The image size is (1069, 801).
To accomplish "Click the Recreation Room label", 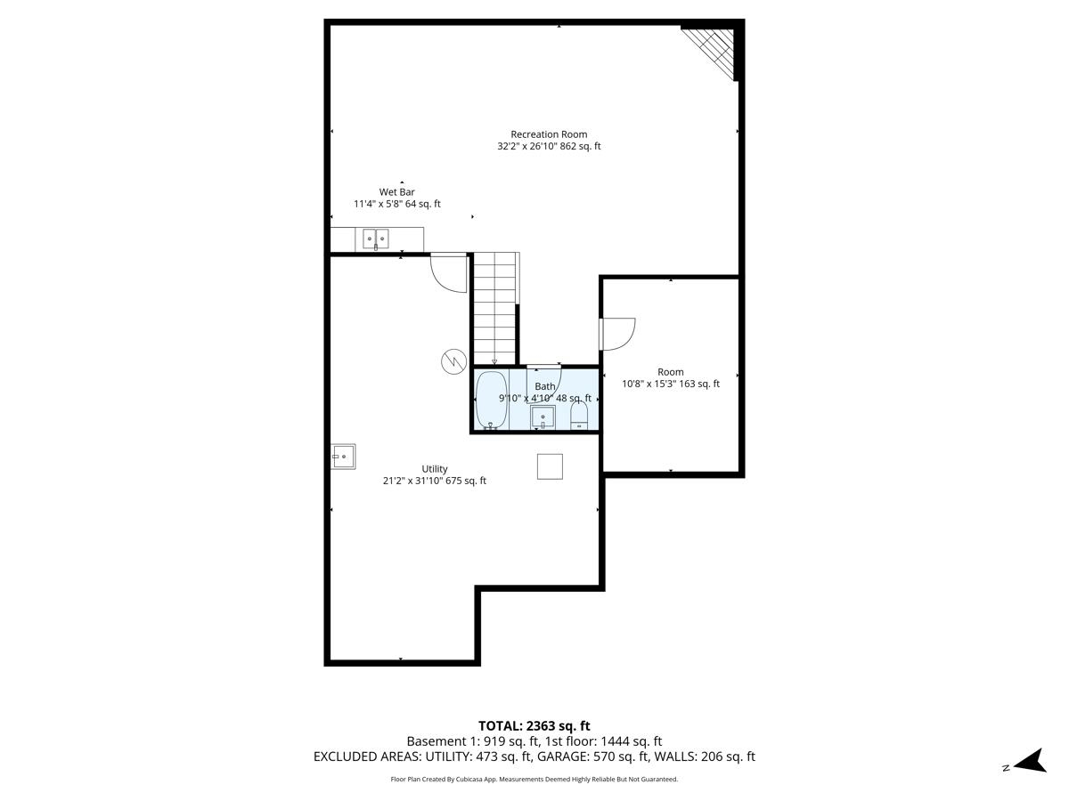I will pyautogui.click(x=549, y=134).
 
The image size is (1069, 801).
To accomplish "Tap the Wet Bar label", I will pyautogui.click(x=397, y=191).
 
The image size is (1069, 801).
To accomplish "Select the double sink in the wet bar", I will pyautogui.click(x=375, y=238).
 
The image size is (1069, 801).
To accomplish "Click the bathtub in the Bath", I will pyautogui.click(x=490, y=400).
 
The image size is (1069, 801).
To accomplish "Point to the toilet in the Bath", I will pyautogui.click(x=579, y=415).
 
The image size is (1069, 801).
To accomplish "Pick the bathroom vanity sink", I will pyautogui.click(x=543, y=417).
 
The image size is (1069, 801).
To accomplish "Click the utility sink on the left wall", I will pyautogui.click(x=343, y=457).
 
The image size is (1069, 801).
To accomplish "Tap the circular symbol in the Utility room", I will pyautogui.click(x=453, y=360).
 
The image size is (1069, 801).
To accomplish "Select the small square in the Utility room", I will pyautogui.click(x=550, y=466).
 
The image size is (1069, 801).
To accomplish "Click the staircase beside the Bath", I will pyautogui.click(x=494, y=307).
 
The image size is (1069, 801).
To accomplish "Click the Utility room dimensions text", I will pyautogui.click(x=435, y=481).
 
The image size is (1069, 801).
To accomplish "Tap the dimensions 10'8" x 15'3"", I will pyautogui.click(x=671, y=384).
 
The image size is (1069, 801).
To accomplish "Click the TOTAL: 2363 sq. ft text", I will pyautogui.click(x=534, y=726).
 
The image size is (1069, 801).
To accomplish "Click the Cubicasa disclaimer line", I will pyautogui.click(x=534, y=780).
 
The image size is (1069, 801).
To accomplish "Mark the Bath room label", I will pyautogui.click(x=544, y=386).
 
